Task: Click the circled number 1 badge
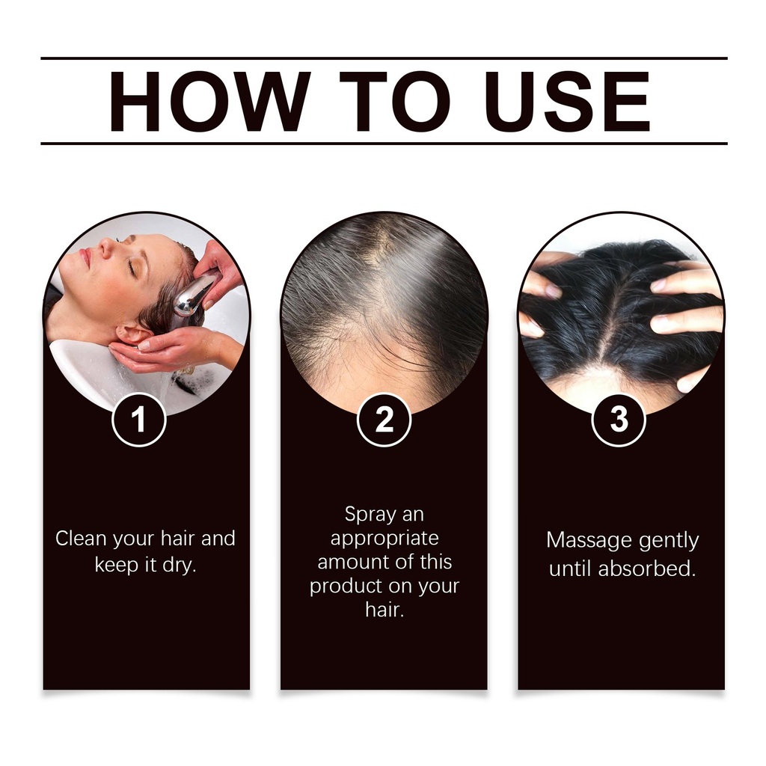139,420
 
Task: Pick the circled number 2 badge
384,420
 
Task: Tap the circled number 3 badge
619,420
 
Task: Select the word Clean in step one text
81,539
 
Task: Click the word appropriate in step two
384,539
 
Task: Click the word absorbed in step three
647,569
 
